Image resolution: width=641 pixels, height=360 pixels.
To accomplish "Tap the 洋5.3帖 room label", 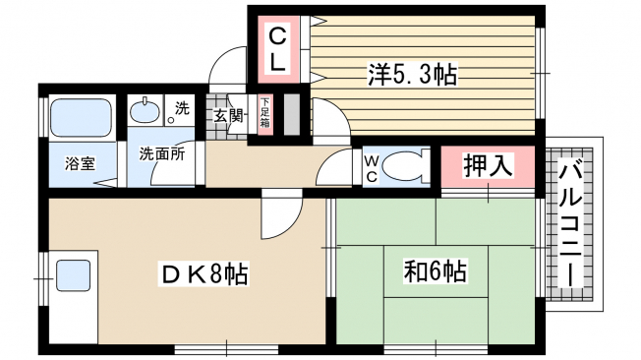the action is tap(412, 75).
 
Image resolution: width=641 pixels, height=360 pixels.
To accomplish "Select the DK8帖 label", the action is tap(204, 274).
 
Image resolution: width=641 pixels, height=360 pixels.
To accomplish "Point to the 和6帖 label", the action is tap(436, 271).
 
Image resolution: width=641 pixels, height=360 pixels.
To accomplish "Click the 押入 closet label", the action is tap(488, 165).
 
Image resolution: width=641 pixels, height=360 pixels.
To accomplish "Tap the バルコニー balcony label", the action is tap(570, 225).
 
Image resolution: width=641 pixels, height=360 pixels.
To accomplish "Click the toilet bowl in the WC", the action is tap(402, 166).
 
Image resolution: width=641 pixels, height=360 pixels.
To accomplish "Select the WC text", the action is tap(372, 169).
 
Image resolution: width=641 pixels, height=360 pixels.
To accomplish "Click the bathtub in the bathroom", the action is tap(82, 118).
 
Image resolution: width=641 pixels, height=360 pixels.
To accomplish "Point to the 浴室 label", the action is tap(81, 163).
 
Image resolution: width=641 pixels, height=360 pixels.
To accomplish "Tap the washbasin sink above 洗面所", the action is tap(145, 111).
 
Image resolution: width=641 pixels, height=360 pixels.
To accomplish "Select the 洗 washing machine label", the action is tap(182, 108).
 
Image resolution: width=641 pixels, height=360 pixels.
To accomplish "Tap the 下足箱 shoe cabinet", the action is tap(264, 114).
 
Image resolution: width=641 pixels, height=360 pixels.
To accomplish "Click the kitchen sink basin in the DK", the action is tap(73, 276).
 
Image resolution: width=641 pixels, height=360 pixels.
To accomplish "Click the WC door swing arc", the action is tap(329, 162).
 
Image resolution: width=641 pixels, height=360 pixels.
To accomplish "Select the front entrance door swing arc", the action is tap(222, 60).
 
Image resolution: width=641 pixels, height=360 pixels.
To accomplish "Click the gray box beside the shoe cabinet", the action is tap(292, 114).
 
